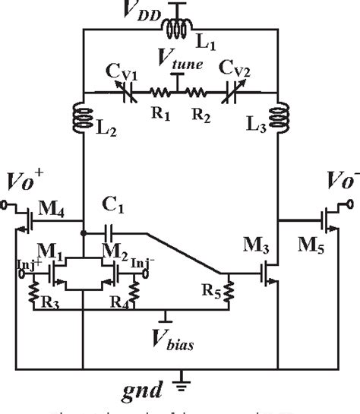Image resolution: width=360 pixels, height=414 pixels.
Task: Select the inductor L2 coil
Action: (x=82, y=119)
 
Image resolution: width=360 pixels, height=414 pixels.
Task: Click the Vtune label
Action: (x=179, y=64)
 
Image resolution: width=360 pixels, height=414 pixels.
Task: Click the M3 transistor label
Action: (x=259, y=245)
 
